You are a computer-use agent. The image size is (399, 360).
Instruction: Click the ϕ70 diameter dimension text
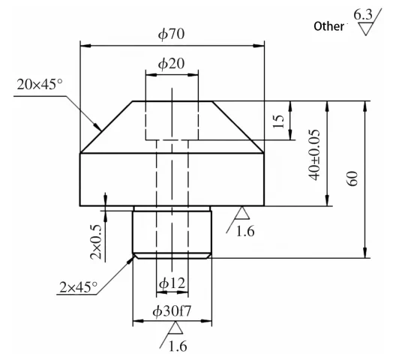[172, 34]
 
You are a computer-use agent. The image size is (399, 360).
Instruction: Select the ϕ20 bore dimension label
[172, 64]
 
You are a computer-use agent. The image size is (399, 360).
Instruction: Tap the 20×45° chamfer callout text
[40, 84]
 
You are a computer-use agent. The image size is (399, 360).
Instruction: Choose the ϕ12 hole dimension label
[172, 284]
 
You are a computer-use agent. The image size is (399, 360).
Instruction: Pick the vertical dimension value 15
[280, 121]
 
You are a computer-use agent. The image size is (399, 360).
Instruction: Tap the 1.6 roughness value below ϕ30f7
[178, 346]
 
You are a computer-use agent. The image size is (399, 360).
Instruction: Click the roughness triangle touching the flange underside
[241, 213]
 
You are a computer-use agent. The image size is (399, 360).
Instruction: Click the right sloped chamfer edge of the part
[238, 127]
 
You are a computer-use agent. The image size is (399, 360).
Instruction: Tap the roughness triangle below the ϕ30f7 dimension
[175, 328]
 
